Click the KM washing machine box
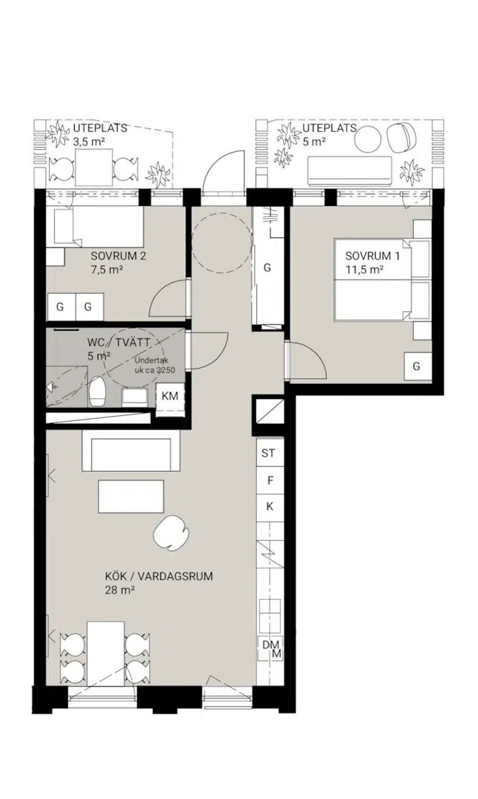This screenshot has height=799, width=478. coord(170,395)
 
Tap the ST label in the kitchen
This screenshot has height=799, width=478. coord(268,453)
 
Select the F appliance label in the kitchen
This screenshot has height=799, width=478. coord(270,480)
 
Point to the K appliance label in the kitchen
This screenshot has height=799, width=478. coord(270,507)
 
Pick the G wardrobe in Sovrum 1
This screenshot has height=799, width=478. coord(417,366)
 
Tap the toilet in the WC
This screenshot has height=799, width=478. coord(97,392)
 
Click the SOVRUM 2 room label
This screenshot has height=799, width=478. coord(118,256)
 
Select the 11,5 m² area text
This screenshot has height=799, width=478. coord(365,270)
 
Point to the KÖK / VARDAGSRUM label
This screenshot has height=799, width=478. coord(158,577)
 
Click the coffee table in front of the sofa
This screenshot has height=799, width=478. coord(131,497)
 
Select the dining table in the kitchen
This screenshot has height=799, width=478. coord(106,653)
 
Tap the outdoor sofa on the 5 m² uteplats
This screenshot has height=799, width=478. coord(350,171)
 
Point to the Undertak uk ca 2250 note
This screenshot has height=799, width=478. coord(154,365)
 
